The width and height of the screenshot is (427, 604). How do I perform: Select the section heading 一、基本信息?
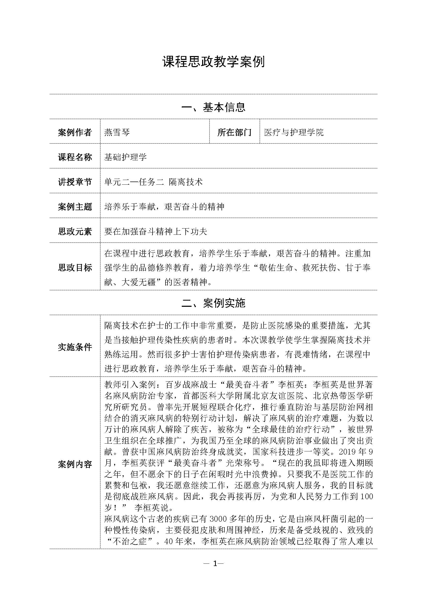pos(213,107)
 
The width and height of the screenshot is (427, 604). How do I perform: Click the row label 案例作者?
pos(75,132)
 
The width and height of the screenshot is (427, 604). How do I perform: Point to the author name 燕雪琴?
pos(117,132)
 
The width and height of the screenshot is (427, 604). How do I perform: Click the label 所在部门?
pos(234,132)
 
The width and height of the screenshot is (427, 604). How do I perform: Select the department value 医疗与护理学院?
pos(294,132)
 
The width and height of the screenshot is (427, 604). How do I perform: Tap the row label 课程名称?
pos(75,157)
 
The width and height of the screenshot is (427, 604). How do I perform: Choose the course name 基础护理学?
pos(125,157)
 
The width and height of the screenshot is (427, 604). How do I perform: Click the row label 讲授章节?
pos(75,182)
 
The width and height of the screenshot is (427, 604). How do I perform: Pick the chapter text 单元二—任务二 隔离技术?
pos(154,182)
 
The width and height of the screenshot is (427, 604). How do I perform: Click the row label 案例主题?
pos(75,207)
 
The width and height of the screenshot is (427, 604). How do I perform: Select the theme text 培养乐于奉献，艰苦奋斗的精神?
pos(164,207)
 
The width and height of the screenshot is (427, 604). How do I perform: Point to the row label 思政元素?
pos(75,232)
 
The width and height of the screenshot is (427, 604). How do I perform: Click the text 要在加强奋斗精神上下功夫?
pos(156,232)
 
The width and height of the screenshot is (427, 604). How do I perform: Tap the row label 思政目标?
pos(75,268)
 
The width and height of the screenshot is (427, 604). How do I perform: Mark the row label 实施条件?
pos(75,347)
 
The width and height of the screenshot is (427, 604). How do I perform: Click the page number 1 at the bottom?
pos(215,563)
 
